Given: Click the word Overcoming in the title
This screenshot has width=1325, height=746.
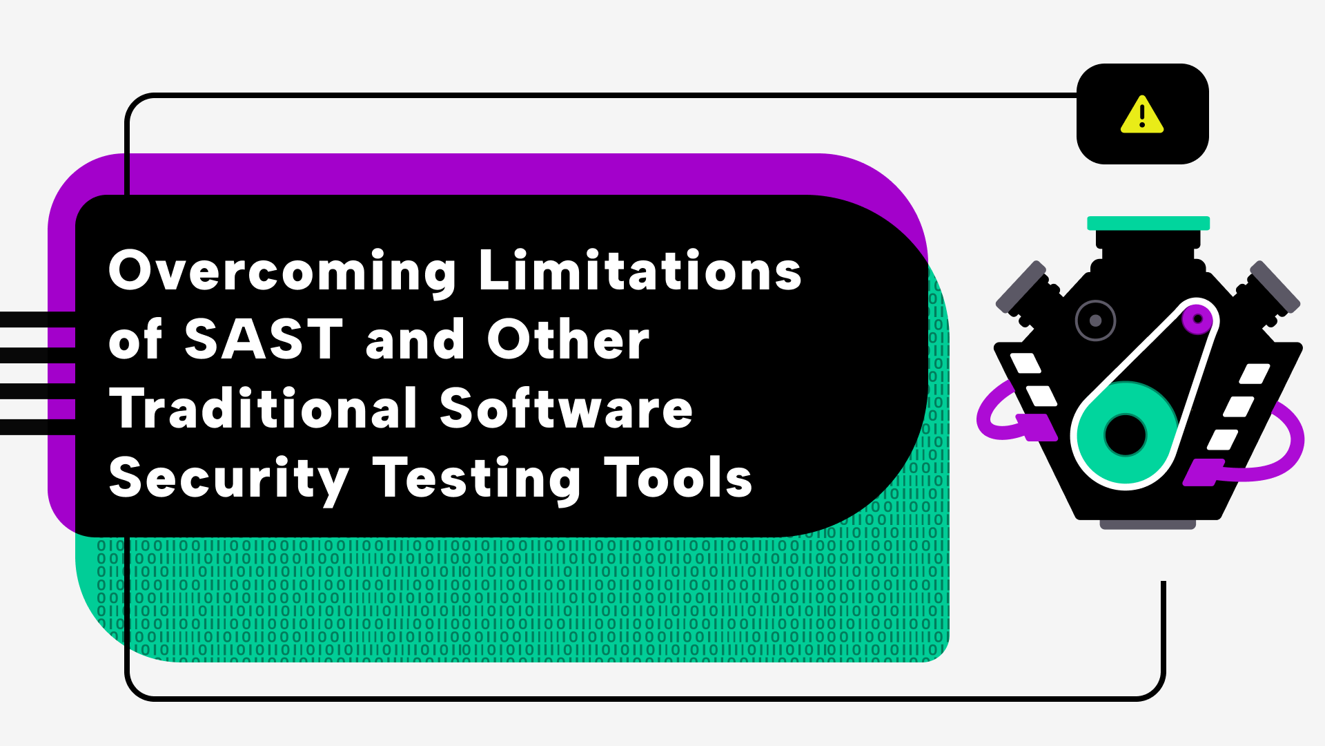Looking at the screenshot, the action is click(282, 271).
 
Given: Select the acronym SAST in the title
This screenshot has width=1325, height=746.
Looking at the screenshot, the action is click(264, 339).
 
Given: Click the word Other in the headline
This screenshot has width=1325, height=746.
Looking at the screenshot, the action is click(568, 339).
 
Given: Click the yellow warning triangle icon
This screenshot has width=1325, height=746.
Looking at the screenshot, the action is click(1142, 115).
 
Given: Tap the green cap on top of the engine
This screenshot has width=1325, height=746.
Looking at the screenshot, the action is click(1148, 223).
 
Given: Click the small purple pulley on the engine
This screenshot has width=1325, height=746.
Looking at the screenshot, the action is click(1197, 318).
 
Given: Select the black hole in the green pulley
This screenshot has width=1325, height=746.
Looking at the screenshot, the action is click(1125, 434).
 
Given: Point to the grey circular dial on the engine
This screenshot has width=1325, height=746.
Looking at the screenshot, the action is click(1095, 321).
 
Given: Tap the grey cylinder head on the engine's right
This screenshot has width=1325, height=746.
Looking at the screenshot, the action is click(1275, 287).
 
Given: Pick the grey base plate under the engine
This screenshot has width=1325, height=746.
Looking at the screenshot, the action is click(1148, 525).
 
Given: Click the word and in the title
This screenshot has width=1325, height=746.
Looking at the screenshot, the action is click(415, 339).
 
